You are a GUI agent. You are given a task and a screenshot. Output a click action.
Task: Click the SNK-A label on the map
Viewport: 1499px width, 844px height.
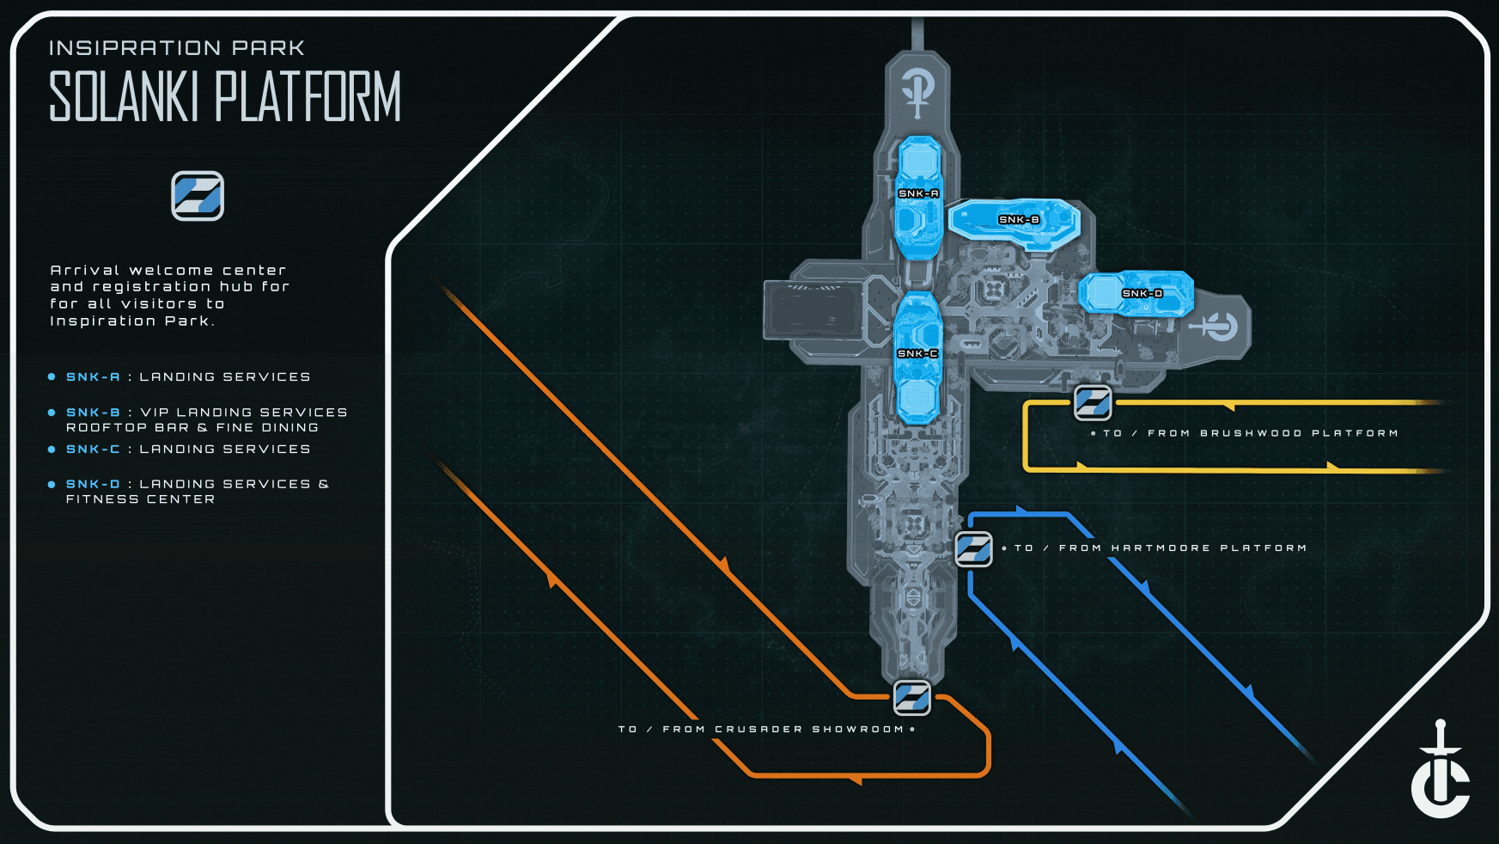click(918, 193)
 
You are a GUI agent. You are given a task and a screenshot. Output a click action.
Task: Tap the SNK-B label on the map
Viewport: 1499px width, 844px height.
click(1019, 220)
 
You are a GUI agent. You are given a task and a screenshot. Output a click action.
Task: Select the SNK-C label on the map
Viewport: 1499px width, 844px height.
click(917, 353)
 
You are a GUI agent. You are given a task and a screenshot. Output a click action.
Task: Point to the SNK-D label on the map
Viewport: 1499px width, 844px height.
click(1143, 294)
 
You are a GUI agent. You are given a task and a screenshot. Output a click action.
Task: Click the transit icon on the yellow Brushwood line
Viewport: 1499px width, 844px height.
click(1093, 402)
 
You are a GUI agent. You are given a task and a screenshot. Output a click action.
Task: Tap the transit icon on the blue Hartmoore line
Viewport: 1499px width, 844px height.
click(974, 548)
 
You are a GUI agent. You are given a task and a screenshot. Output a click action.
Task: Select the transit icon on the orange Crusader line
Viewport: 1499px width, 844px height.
click(911, 697)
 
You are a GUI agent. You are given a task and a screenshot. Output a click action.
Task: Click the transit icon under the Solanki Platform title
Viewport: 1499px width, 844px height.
click(198, 196)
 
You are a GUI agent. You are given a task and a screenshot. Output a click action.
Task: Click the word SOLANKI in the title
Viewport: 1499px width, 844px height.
click(125, 96)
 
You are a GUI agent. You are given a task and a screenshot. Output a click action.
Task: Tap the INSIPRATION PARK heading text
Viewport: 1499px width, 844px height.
click(177, 48)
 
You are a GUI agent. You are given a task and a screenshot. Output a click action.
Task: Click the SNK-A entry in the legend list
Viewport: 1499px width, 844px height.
click(93, 377)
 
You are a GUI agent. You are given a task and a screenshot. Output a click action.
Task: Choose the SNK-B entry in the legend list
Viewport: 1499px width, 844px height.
click(93, 413)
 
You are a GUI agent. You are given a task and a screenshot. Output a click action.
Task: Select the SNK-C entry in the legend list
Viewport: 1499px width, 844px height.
click(93, 450)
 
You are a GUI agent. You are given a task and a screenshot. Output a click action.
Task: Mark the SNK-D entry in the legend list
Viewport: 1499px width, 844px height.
click(93, 485)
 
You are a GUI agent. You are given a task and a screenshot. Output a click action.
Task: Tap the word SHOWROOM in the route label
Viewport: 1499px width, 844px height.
click(858, 730)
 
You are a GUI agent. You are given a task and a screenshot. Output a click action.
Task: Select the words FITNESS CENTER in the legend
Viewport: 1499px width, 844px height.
click(141, 499)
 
